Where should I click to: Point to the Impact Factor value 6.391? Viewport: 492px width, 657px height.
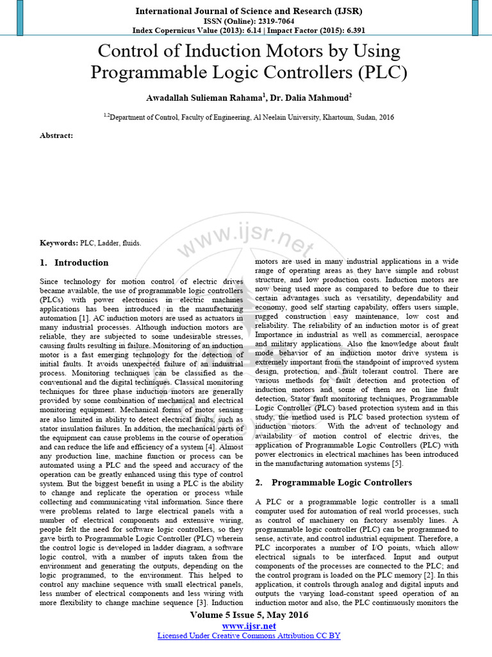coord(348,30)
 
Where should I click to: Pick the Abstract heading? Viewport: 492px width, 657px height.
coord(56,135)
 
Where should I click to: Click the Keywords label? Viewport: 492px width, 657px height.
coord(58,243)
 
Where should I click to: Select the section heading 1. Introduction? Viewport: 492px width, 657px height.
coord(74,262)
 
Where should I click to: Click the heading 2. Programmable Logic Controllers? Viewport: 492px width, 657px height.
coord(334,482)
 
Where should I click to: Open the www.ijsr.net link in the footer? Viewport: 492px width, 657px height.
coord(249,626)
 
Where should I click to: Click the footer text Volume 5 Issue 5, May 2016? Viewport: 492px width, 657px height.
coord(249,615)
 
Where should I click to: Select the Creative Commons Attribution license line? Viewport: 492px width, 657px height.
coord(249,636)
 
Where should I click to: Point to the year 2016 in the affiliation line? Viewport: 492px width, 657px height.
coord(385,117)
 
